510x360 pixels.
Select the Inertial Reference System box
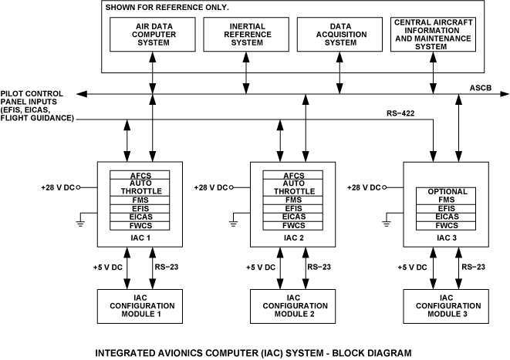point(246,35)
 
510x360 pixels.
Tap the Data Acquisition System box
point(339,35)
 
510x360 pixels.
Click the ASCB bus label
point(479,86)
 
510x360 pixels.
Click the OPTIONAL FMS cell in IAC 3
point(447,196)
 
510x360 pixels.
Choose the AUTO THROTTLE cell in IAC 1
point(140,187)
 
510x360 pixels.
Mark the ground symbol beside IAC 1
point(80,224)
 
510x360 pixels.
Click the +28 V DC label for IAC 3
point(364,187)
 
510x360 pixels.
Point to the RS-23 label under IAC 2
point(319,267)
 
